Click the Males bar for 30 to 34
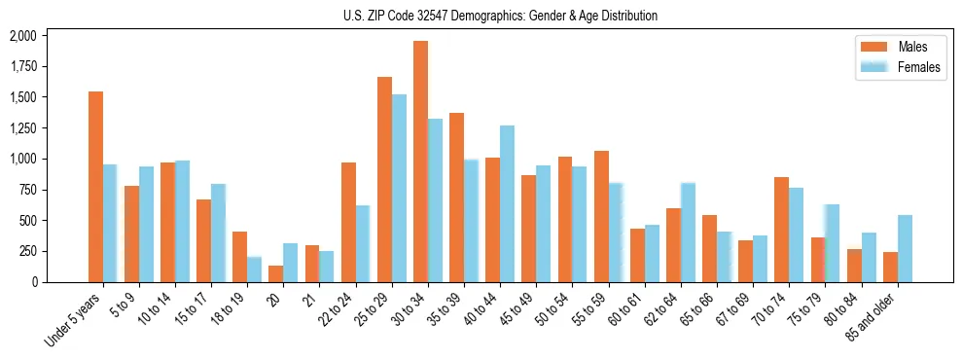tap(420, 162)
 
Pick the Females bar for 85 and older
tap(905, 248)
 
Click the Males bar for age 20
tap(276, 273)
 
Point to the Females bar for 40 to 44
tap(507, 203)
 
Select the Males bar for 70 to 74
tap(781, 230)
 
